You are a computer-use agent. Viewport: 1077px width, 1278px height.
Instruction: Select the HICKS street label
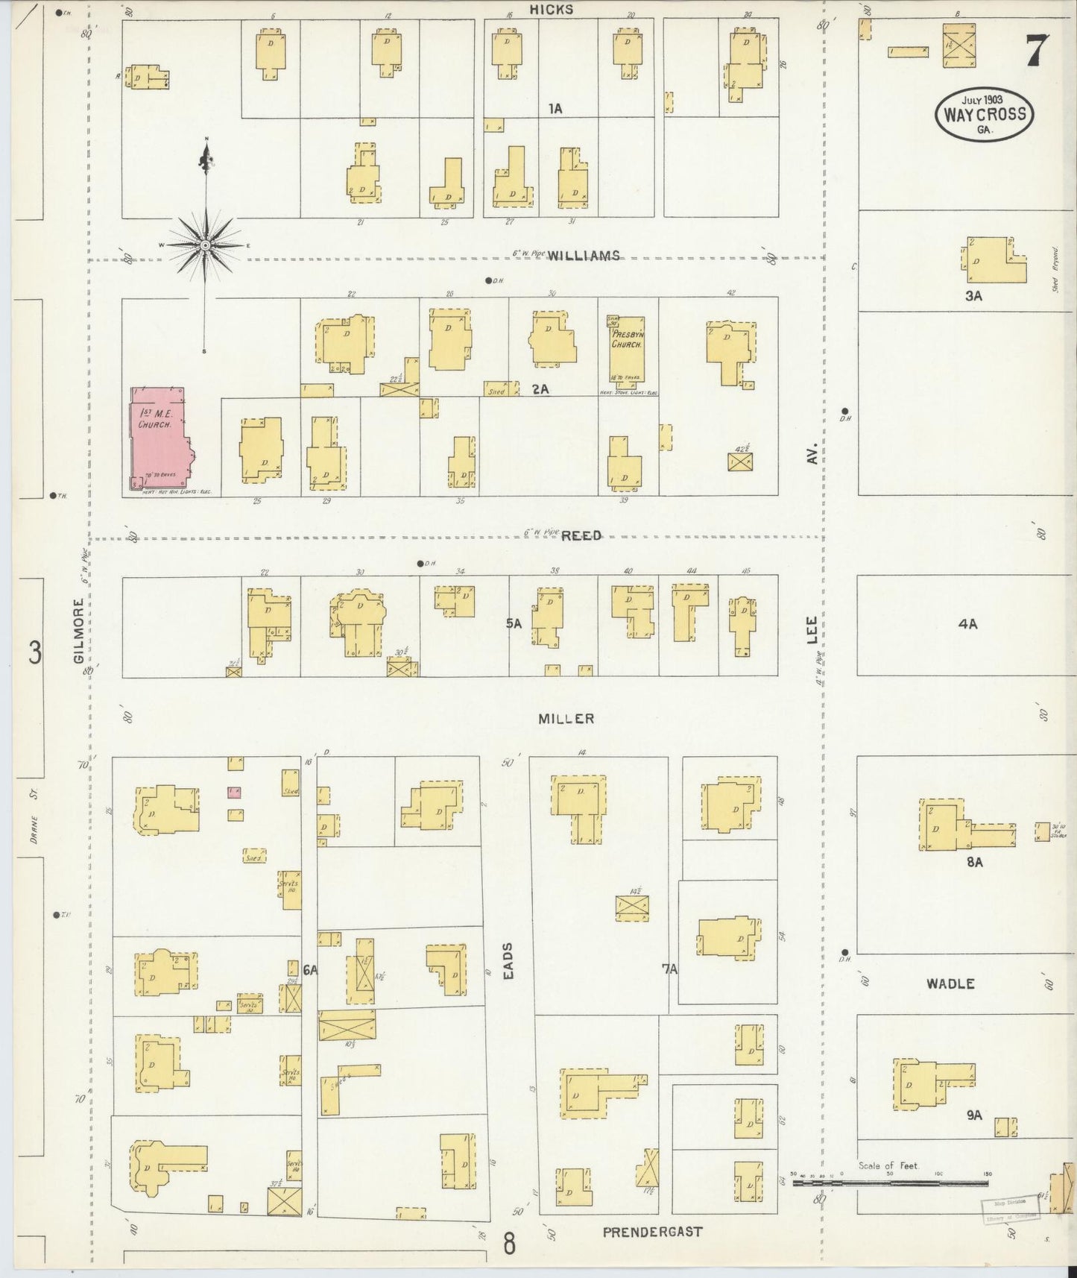552,10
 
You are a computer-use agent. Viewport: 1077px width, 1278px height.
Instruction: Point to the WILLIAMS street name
584,256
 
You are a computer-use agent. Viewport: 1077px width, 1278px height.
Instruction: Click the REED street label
581,535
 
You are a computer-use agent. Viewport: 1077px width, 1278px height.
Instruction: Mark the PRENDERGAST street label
652,1231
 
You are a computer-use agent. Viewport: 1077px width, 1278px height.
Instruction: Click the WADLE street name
950,983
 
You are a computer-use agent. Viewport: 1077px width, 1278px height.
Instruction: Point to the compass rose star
205,245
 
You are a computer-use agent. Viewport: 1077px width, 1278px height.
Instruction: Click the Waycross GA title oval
985,114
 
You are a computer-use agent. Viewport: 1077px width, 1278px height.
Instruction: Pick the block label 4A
967,624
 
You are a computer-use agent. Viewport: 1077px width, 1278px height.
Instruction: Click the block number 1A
555,109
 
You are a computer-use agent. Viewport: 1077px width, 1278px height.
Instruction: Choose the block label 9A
973,1115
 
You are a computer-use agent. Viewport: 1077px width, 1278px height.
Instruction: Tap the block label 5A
514,623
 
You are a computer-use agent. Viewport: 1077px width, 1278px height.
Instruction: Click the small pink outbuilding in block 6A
235,791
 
